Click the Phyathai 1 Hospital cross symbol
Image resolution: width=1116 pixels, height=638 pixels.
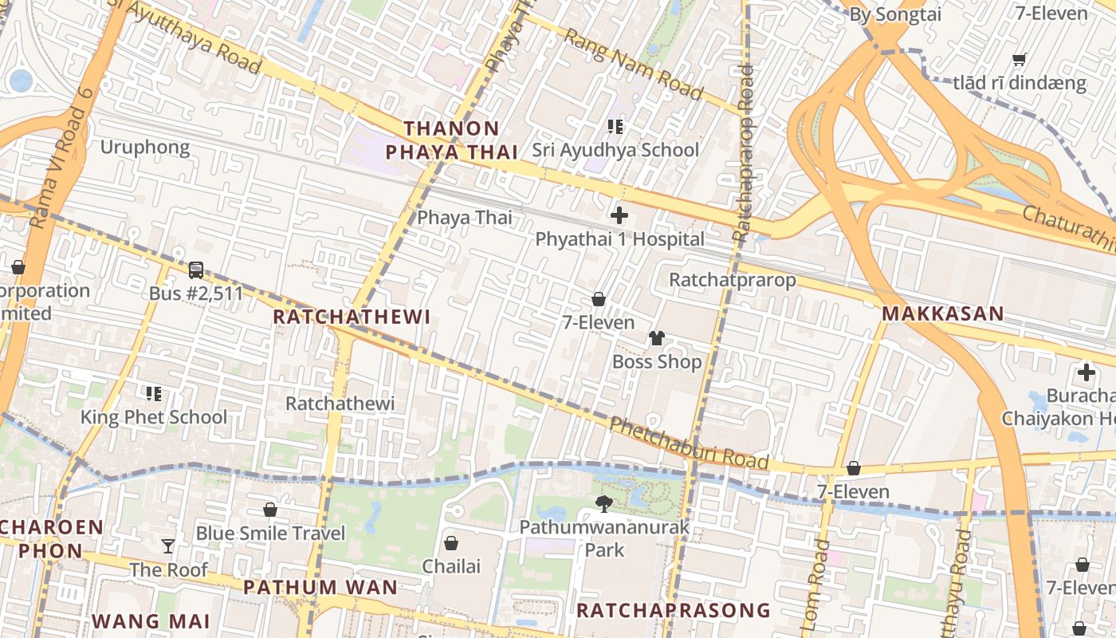pyautogui.click(x=619, y=215)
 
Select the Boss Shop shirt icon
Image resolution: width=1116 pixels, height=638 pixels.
pyautogui.click(x=656, y=338)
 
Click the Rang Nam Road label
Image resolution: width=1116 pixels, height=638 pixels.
pyautogui.click(x=634, y=65)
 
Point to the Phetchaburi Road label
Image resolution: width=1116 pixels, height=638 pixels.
pyautogui.click(x=689, y=443)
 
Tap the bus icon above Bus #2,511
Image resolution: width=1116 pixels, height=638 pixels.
pyautogui.click(x=196, y=270)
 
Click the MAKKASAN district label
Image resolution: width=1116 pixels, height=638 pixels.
pyautogui.click(x=942, y=314)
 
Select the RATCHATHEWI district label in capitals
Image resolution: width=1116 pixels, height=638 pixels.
pyautogui.click(x=352, y=317)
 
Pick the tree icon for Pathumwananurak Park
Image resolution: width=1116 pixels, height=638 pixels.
pyautogui.click(x=604, y=503)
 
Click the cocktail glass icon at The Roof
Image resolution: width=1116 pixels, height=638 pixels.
pyautogui.click(x=168, y=546)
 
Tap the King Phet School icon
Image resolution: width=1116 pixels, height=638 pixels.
pyautogui.click(x=154, y=393)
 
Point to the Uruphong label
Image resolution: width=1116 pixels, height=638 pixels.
pyautogui.click(x=145, y=147)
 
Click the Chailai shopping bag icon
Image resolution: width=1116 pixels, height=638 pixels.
pyautogui.click(x=451, y=543)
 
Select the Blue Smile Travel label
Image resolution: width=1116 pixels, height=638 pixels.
pyautogui.click(x=270, y=533)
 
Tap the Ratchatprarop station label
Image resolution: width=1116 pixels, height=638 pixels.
pyautogui.click(x=732, y=280)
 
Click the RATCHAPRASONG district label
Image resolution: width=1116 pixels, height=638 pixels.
pyautogui.click(x=673, y=611)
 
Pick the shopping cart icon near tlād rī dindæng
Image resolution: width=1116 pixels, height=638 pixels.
pyautogui.click(x=1019, y=59)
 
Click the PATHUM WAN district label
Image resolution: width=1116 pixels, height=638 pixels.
pyautogui.click(x=320, y=588)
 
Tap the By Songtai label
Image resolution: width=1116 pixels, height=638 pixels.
pyautogui.click(x=895, y=14)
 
